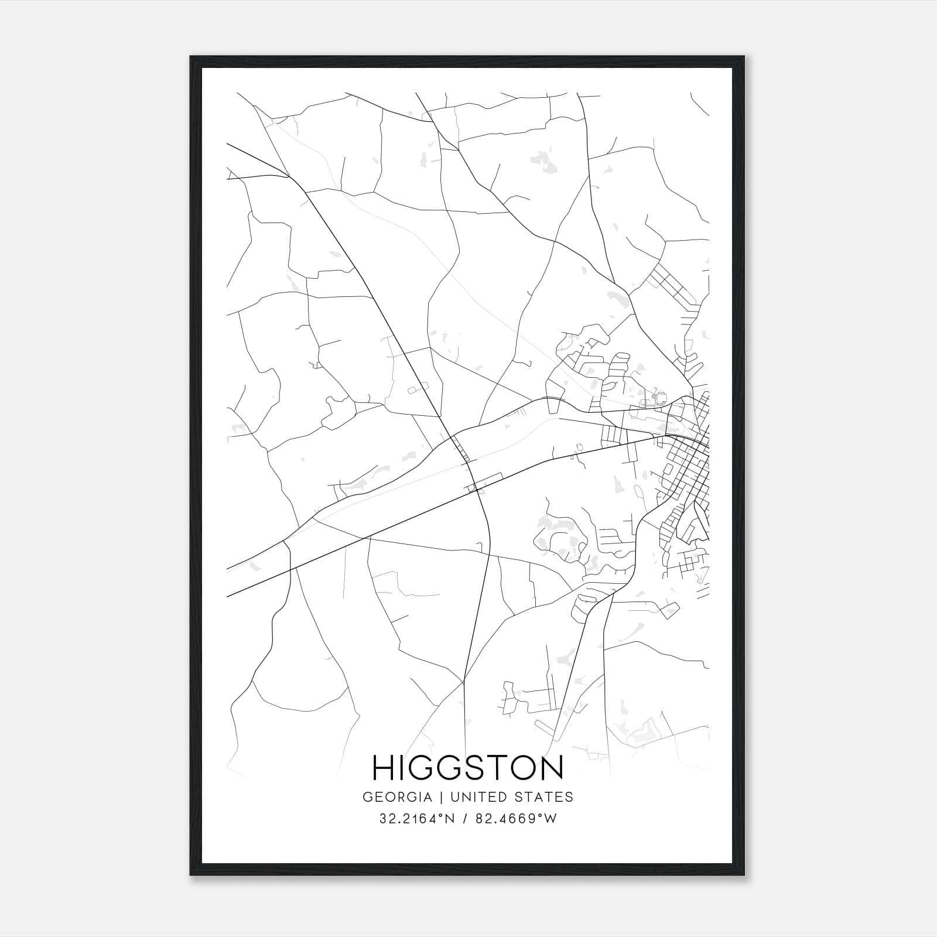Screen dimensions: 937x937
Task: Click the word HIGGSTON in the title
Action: (x=468, y=767)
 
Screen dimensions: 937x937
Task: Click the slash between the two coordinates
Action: (x=465, y=819)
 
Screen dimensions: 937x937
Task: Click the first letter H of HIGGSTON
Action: (x=384, y=767)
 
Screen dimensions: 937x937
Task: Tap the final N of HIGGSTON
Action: (x=551, y=767)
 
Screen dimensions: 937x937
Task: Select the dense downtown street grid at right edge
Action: (x=691, y=463)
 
